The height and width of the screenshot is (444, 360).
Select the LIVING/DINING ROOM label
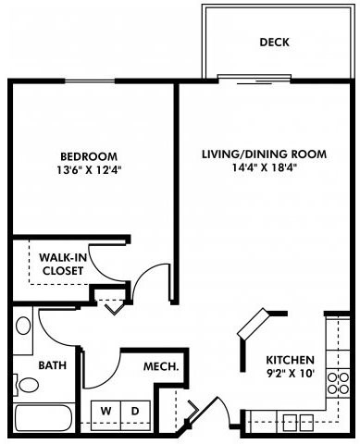point(264,154)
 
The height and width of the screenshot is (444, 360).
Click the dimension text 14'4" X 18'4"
point(264,168)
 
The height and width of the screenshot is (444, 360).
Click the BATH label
point(53,365)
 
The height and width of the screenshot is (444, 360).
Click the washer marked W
point(106,410)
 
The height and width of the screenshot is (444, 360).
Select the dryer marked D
point(134,410)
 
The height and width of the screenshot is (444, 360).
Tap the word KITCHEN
point(290,360)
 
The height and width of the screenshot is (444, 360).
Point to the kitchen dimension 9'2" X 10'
point(290,374)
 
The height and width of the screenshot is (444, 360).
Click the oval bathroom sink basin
point(23,326)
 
